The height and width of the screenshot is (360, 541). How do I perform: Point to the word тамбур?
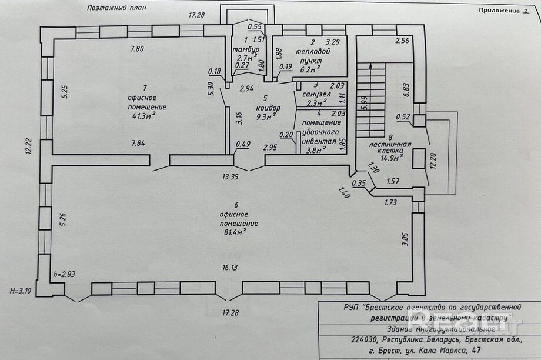point(243,49)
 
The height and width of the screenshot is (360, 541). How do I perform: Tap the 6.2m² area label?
point(310,68)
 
